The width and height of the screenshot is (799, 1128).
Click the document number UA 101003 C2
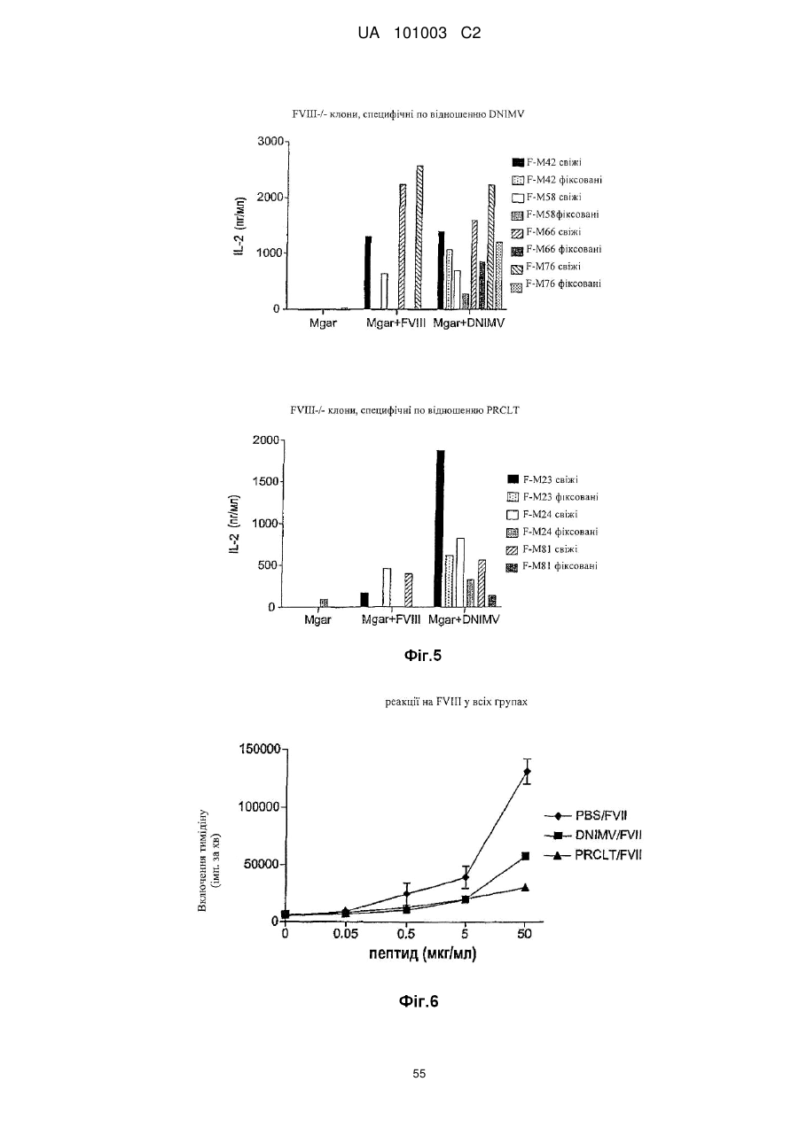tap(419, 34)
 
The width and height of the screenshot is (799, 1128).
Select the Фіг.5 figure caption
tap(422, 655)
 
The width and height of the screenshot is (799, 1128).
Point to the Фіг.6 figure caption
tap(419, 1001)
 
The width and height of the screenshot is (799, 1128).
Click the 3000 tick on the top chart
tap(270, 142)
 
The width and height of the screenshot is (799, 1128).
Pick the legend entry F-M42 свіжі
tap(546, 162)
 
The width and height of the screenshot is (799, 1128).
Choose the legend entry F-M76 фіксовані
tap(556, 284)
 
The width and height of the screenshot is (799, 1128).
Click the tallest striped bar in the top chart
tap(419, 237)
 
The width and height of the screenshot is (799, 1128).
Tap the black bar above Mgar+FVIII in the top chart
tap(368, 272)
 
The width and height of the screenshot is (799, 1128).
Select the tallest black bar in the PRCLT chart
tap(440, 528)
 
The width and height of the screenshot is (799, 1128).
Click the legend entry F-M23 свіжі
tap(543, 479)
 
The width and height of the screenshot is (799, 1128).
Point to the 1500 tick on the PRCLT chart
tap(266, 482)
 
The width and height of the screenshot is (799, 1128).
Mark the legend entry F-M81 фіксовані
tap(552, 566)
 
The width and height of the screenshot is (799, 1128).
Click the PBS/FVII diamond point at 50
tap(527, 772)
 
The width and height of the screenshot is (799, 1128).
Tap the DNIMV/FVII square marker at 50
tap(525, 856)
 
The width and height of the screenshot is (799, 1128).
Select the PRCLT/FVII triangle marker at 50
tap(525, 887)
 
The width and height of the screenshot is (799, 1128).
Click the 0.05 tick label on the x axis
tap(345, 934)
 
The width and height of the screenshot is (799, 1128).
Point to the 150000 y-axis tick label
tap(259, 750)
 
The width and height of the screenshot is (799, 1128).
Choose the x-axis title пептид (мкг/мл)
tap(422, 953)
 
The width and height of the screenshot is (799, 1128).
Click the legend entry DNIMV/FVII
tap(593, 836)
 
